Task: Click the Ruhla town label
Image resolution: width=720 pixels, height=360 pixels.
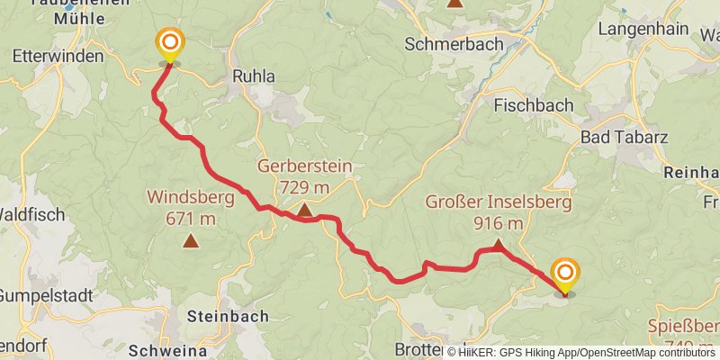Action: (x=255, y=76)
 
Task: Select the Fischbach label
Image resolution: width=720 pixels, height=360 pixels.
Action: (x=534, y=105)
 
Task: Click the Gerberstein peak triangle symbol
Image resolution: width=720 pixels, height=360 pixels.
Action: (x=304, y=211)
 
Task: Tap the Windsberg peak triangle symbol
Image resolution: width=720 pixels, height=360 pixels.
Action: (x=191, y=240)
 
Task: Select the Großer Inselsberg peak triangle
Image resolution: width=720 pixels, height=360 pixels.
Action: (x=498, y=244)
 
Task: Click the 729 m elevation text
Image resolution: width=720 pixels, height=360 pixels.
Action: (x=305, y=187)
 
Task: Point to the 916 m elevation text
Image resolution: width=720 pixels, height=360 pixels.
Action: (x=498, y=222)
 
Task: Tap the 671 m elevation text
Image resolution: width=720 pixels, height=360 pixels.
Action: (x=191, y=218)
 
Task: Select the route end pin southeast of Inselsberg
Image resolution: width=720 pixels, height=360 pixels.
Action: (x=565, y=275)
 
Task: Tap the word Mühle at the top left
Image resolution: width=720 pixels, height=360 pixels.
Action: (x=53, y=17)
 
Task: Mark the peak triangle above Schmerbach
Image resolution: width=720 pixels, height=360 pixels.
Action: (x=455, y=3)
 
